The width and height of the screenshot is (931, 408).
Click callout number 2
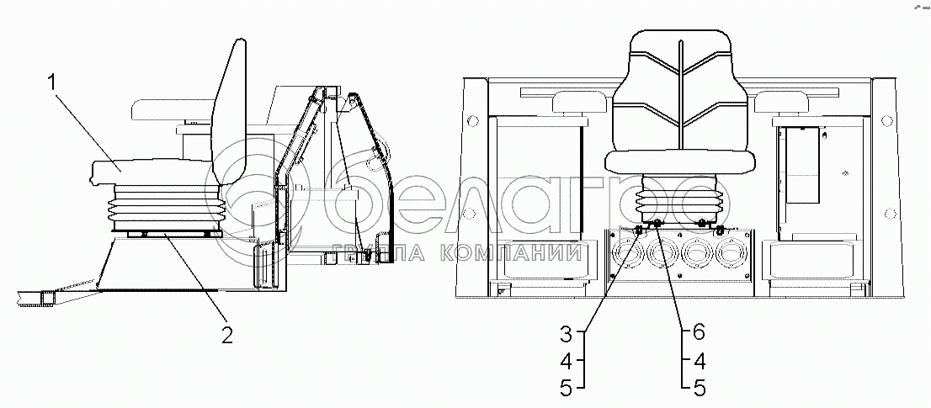226,334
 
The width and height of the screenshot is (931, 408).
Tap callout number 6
699,332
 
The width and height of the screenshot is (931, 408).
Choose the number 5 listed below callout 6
699,388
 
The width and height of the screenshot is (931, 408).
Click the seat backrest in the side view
229,113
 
